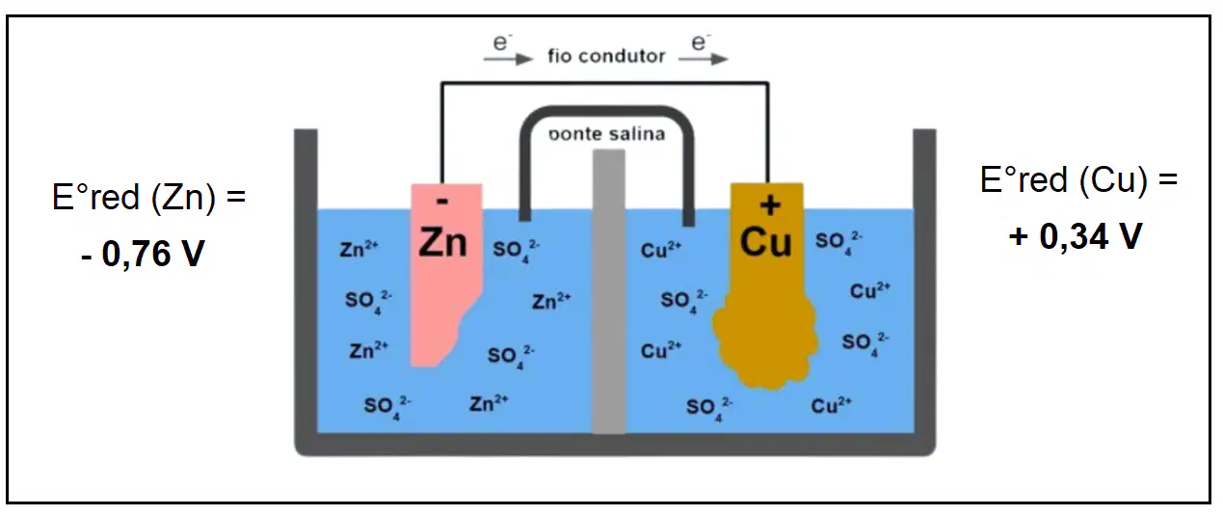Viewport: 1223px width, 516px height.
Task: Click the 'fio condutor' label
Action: click(606, 56)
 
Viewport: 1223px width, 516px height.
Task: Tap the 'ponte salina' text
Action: click(606, 134)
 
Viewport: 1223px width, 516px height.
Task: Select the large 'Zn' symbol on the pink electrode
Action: click(442, 242)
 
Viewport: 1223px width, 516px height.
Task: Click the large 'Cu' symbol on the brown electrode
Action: click(765, 242)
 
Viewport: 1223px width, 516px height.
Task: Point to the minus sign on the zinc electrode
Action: click(442, 202)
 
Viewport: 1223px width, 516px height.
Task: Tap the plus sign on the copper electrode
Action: click(770, 205)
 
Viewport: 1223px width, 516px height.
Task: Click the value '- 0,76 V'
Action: click(143, 254)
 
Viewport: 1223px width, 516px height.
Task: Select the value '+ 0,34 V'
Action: click(1075, 236)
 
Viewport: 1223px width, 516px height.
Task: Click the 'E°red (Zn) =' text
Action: click(148, 197)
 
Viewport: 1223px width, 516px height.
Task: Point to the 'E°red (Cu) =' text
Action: click(1078, 179)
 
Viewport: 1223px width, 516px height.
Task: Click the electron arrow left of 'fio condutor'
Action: click(508, 59)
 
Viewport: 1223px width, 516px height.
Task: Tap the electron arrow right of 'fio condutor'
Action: click(704, 59)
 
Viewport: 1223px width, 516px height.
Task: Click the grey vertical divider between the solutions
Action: click(609, 291)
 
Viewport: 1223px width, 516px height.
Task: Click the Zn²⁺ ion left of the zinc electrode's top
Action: click(359, 249)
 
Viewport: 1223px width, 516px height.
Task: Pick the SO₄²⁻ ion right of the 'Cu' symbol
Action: click(838, 241)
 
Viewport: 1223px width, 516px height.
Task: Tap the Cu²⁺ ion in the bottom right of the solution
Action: click(831, 405)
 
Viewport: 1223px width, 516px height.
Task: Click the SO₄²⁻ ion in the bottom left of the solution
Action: click(387, 407)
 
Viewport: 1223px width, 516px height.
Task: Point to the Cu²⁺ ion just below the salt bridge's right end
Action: click(661, 250)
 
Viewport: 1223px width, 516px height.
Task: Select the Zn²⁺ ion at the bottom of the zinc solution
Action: click(489, 403)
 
